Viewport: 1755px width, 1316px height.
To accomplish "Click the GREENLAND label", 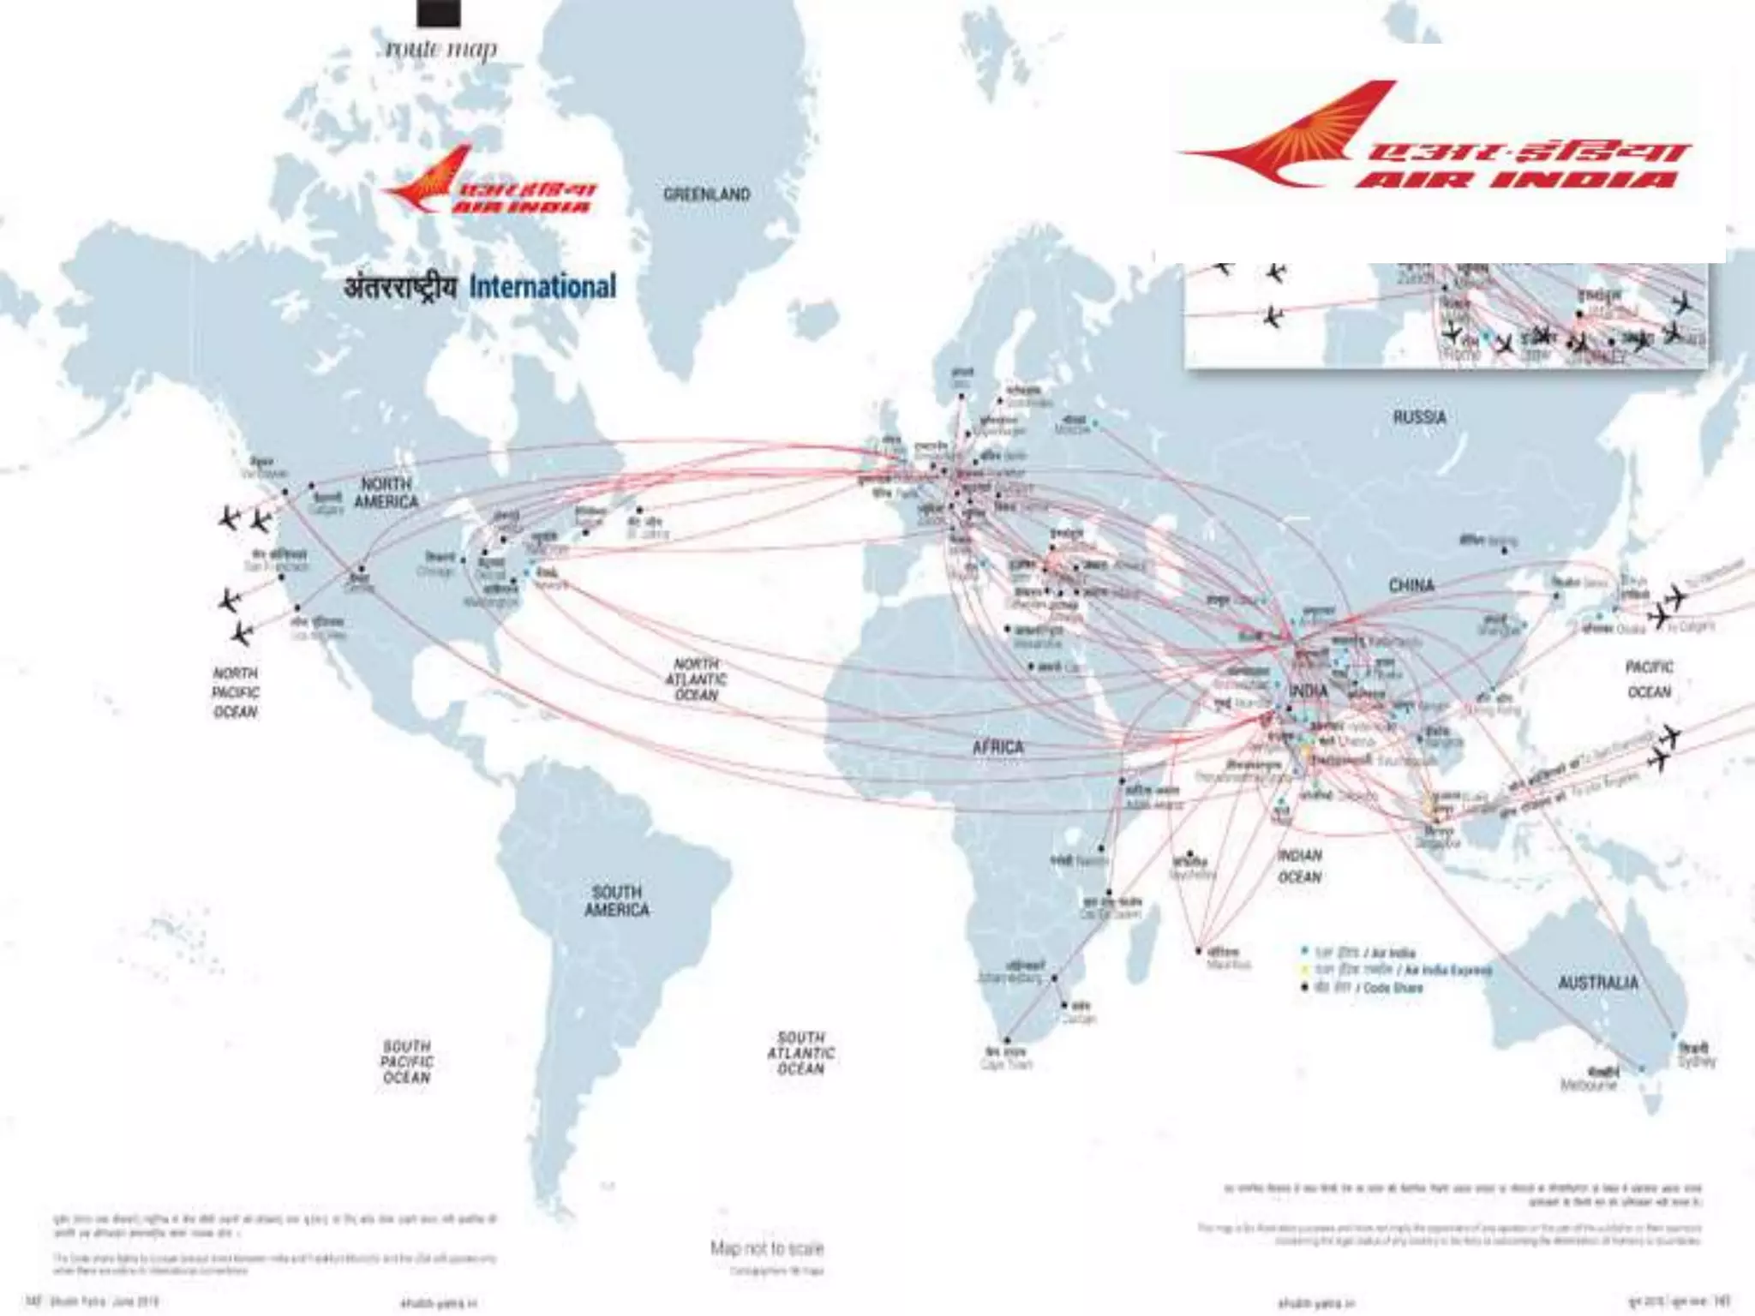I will click(706, 194).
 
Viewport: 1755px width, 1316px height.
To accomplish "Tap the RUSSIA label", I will click(1419, 417).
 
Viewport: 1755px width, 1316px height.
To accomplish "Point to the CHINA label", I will click(1411, 585).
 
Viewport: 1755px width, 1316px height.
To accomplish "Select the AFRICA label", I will click(997, 747).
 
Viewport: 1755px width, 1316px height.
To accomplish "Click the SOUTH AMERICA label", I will click(616, 900).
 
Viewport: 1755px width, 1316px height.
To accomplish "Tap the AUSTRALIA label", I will click(1597, 983).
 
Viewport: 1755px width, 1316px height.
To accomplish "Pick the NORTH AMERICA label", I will click(386, 493).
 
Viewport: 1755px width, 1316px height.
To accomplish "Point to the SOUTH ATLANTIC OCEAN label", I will click(800, 1053).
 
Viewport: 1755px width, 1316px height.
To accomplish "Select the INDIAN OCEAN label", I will click(1299, 866).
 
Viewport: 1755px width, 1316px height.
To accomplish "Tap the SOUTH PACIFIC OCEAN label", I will click(407, 1062).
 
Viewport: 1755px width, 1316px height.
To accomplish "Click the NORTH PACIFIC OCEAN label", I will click(236, 692).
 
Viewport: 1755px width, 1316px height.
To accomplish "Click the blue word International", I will click(542, 286).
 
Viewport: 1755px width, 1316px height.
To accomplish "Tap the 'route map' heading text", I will click(440, 49).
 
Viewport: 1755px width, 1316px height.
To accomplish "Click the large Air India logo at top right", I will click(1440, 137).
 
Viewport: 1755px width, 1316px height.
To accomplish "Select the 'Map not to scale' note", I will click(766, 1248).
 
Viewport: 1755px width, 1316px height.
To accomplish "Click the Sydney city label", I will click(1696, 1062).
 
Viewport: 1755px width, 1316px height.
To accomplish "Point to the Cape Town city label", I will click(1006, 1064).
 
